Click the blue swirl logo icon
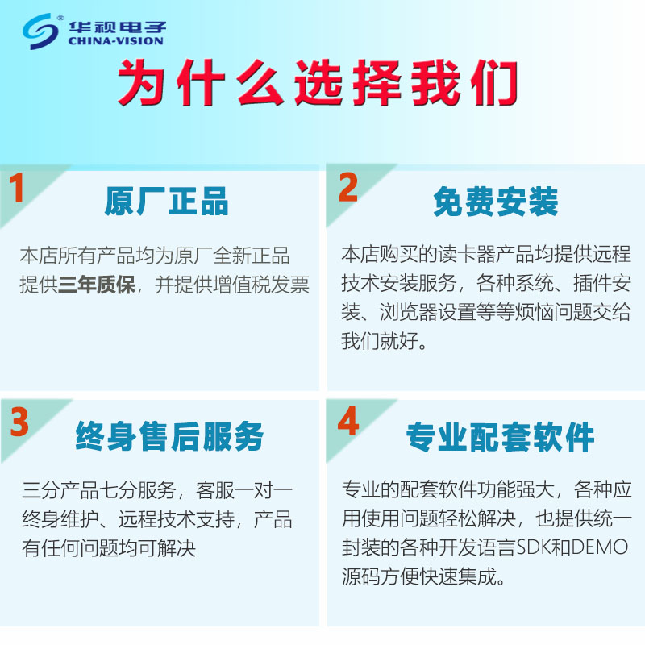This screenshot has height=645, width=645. tap(40, 31)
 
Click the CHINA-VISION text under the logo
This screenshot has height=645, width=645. tap(115, 41)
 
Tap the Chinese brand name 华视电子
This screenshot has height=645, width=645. tap(117, 27)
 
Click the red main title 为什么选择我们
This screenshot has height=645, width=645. tap(317, 82)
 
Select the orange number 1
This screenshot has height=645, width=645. tap(16, 187)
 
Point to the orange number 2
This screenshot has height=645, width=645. tap(348, 187)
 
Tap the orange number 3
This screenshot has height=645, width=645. tap(19, 422)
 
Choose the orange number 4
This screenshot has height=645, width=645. tap(348, 421)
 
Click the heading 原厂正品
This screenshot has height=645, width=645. tap(166, 201)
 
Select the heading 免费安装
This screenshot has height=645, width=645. tap(496, 201)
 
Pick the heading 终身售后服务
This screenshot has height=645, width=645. tap(169, 436)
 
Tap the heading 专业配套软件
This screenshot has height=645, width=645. tap(500, 436)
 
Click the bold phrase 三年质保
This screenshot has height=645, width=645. tap(97, 285)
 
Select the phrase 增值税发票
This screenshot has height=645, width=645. tap(260, 285)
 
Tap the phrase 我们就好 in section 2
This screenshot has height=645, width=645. tap(379, 341)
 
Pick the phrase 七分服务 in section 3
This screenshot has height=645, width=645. tap(138, 489)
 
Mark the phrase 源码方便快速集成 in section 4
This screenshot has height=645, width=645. tap(419, 576)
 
